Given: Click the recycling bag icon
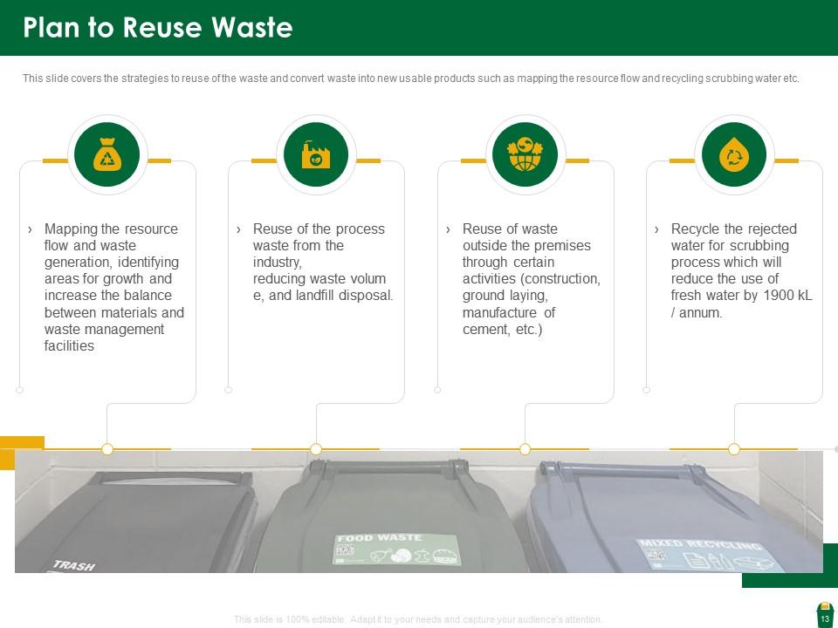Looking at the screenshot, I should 106,155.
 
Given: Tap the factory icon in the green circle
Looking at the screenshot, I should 315,155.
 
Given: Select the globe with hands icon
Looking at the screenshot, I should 525,155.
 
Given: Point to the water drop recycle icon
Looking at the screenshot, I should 733,155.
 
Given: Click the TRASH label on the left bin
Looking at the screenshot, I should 75,566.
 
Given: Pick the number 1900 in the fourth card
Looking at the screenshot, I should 778,296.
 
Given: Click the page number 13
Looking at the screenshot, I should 824,619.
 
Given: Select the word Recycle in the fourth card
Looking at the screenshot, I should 695,229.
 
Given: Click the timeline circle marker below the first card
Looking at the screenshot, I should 107,449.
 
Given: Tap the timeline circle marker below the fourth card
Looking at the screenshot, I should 734,449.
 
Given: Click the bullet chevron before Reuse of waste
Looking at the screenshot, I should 448,229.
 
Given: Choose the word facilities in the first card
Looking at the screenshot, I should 69,346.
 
